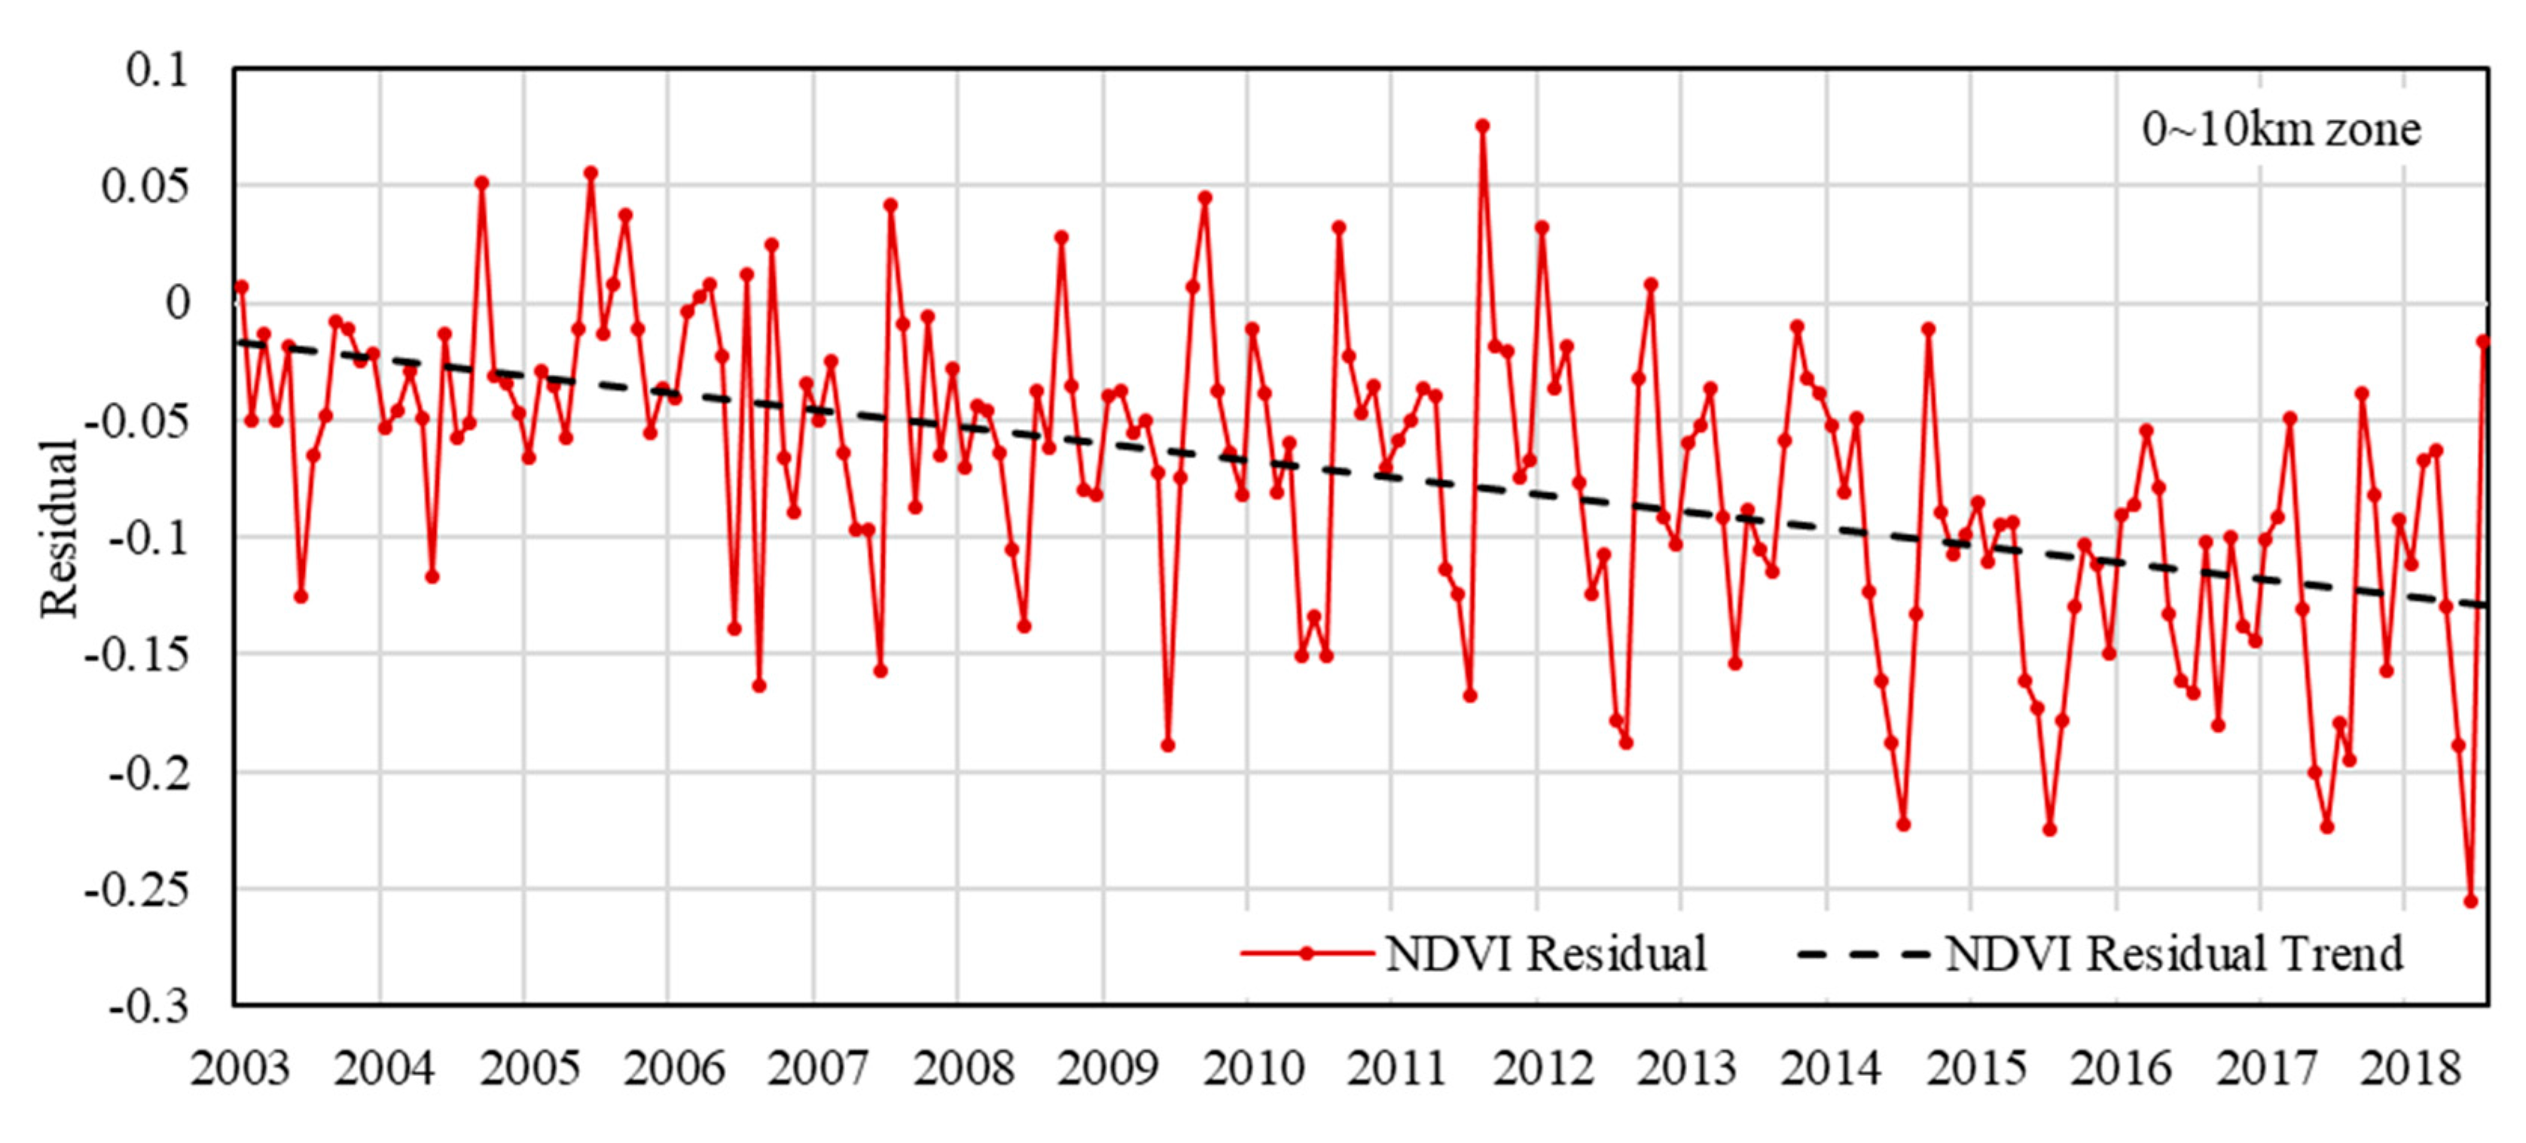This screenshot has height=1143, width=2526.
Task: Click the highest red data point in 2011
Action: [1481, 126]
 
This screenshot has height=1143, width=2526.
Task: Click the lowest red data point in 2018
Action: [2470, 901]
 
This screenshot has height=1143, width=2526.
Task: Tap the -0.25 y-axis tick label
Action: [136, 890]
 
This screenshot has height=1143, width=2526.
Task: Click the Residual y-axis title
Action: [59, 529]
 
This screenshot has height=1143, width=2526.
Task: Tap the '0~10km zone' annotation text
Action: [2280, 130]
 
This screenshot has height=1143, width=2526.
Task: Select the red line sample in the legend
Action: [1306, 952]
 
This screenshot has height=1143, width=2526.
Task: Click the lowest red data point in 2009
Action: [1167, 745]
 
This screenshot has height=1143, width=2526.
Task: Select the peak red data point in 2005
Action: [590, 172]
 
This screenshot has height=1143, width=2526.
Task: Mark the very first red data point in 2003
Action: [241, 286]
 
